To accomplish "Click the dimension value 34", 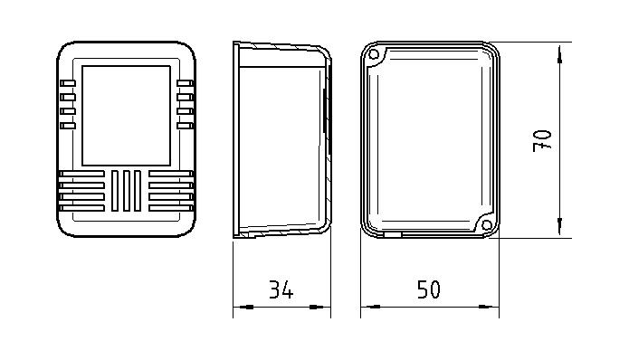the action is point(281,289).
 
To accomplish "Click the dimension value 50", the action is point(428,289).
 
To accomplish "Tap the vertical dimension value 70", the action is point(542,141).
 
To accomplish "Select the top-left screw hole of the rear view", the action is point(374,54).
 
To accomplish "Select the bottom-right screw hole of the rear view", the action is point(487,225).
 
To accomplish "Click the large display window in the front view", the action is point(127,116).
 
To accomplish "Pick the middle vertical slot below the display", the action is point(127,191).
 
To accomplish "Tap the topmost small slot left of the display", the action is point(68,83).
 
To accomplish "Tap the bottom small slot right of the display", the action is point(185,126).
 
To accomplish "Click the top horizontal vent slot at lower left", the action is point(81,174).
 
